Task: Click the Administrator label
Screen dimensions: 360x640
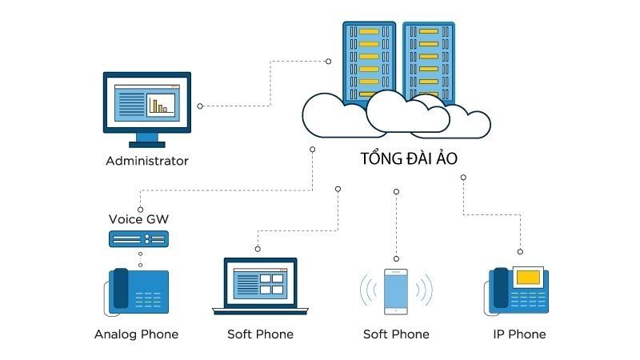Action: (147, 161)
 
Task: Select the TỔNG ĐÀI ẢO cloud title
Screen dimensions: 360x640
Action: (408, 158)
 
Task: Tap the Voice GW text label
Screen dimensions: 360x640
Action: (138, 219)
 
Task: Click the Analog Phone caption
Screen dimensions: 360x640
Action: (136, 334)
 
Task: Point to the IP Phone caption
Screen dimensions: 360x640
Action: (519, 334)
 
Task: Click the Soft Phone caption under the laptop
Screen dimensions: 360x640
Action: (260, 334)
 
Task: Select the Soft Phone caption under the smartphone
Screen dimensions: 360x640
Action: (396, 334)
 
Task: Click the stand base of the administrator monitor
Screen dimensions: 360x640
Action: (147, 143)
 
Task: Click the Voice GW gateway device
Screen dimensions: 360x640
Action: (138, 238)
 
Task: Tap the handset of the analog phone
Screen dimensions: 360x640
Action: (121, 288)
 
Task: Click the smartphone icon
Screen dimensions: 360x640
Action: (396, 290)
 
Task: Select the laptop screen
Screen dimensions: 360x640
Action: (260, 282)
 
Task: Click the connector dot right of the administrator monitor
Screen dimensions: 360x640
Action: (199, 106)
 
